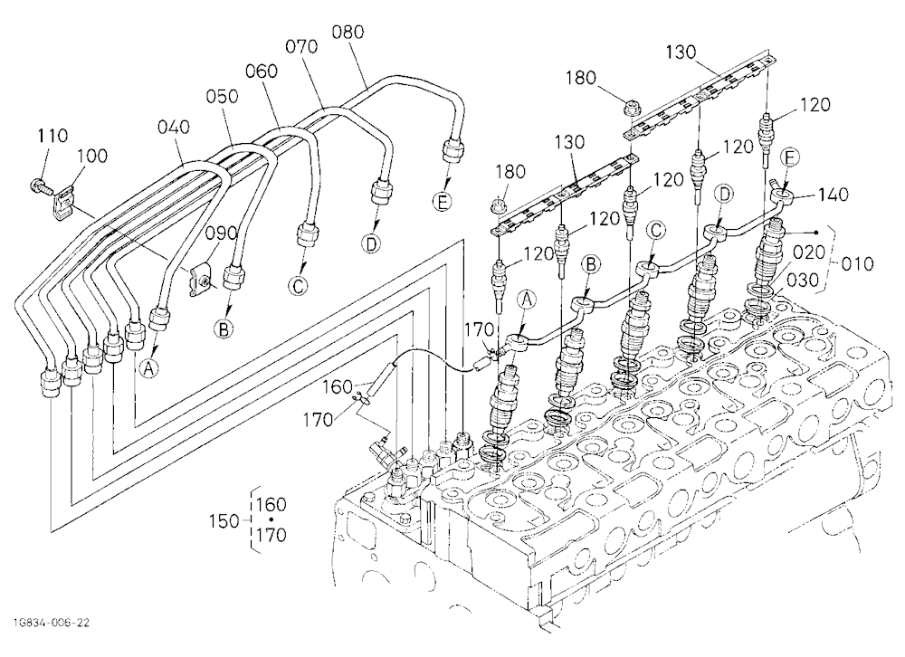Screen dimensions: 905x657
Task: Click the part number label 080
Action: [348, 32]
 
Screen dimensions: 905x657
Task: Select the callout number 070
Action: [302, 46]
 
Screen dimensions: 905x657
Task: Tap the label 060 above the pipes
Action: [262, 71]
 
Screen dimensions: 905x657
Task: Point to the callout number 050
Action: [223, 97]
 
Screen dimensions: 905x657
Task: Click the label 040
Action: [174, 127]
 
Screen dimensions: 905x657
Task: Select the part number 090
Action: [222, 233]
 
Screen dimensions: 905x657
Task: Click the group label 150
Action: [224, 520]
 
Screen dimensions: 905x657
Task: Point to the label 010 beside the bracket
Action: [857, 264]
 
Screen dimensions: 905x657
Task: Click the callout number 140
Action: [833, 195]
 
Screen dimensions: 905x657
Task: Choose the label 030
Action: [803, 280]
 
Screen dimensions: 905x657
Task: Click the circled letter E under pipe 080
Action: [443, 202]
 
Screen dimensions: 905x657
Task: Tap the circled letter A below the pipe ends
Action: [149, 367]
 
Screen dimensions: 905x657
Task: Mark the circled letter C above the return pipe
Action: [655, 231]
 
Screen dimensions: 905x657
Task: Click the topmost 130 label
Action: [681, 52]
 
